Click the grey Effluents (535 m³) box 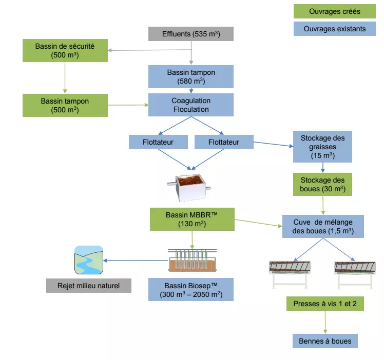(191, 34)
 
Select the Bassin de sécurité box (65, 50)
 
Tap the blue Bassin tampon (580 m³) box (191, 76)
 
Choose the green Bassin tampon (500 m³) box (65, 105)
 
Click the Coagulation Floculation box (191, 105)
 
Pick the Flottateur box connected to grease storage (224, 142)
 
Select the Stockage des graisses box (322, 147)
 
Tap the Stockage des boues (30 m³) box (322, 185)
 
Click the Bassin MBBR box (192, 219)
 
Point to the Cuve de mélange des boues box (323, 227)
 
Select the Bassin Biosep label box (191, 290)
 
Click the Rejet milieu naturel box (89, 286)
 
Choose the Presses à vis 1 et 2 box (325, 304)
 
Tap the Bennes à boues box (325, 341)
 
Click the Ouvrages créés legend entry (335, 11)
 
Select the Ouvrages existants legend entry (335, 29)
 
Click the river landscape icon (89, 260)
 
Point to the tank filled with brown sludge (189, 188)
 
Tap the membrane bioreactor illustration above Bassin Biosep (192, 260)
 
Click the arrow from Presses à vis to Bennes (325, 322)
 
